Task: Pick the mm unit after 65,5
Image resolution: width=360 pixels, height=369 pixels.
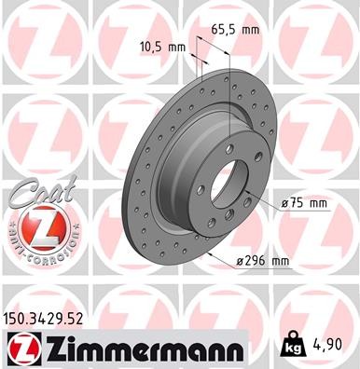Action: (248, 30)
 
